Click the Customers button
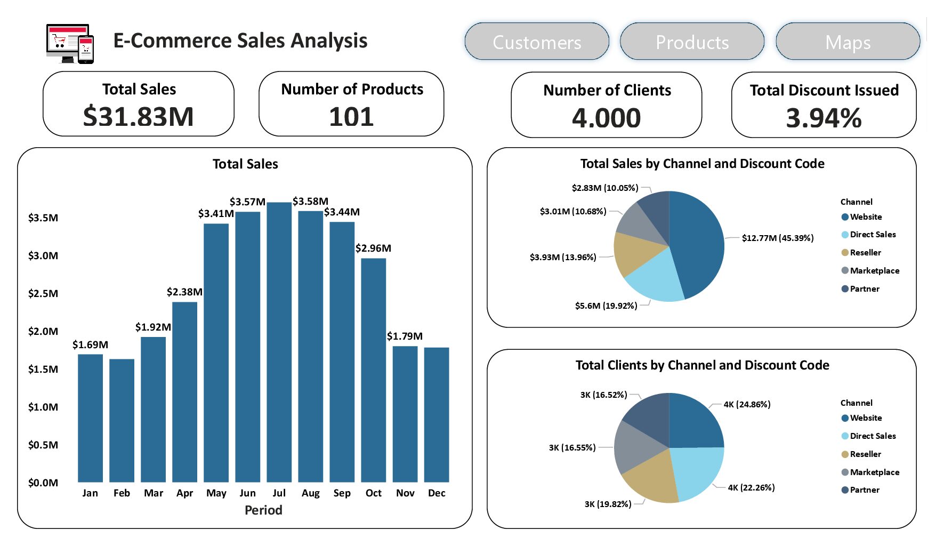click(537, 42)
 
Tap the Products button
click(692, 42)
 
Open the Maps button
click(848, 42)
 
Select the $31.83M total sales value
click(139, 116)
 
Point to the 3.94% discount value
click(824, 117)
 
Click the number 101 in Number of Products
click(351, 116)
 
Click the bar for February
click(122, 421)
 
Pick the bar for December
click(437, 416)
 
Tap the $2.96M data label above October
click(373, 248)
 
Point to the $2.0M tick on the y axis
click(43, 331)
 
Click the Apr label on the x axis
click(184, 493)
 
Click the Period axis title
click(263, 510)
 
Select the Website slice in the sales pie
click(698, 240)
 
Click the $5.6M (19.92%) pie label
click(606, 306)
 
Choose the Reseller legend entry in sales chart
click(865, 252)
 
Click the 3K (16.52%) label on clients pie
click(603, 395)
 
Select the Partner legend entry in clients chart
click(864, 489)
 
